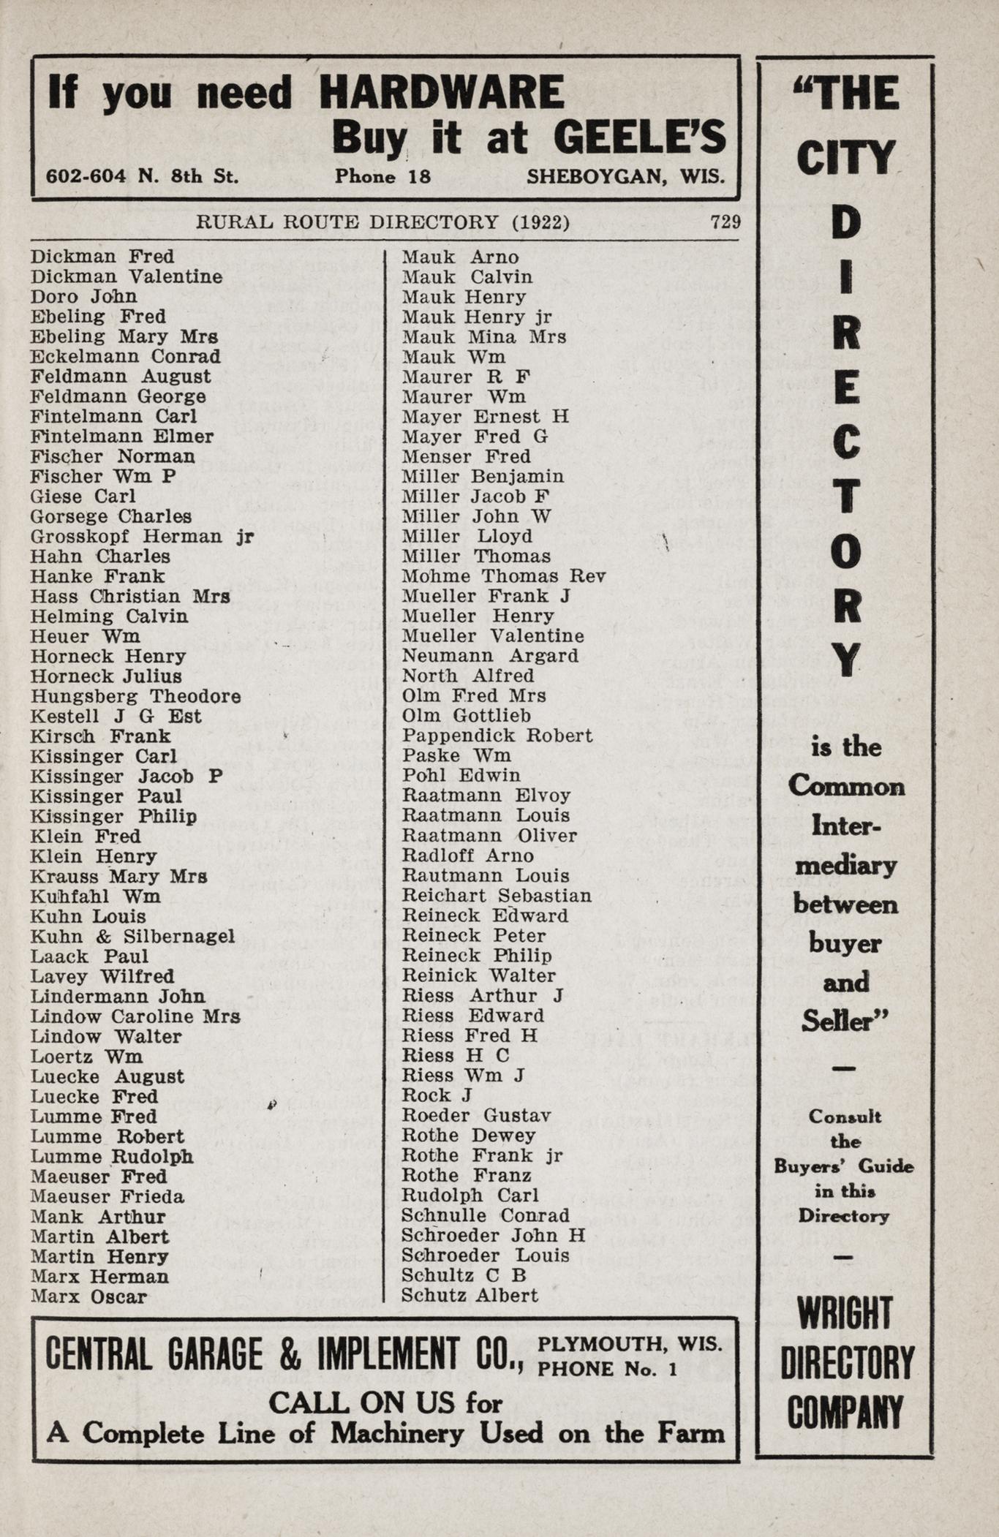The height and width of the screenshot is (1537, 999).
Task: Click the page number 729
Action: tap(725, 222)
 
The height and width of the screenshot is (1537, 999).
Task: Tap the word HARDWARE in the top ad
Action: tap(442, 94)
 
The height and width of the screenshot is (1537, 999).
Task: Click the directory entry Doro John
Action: tap(83, 296)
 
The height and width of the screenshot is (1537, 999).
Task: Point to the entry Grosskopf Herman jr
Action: tap(142, 537)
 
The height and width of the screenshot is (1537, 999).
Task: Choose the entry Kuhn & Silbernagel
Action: tap(132, 937)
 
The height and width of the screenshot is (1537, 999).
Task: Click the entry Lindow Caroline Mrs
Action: tap(135, 1016)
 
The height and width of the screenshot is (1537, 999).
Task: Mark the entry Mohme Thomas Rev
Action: tap(504, 576)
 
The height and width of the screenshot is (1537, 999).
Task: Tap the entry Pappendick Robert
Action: tap(497, 736)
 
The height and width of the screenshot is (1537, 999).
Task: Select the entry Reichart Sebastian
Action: tap(497, 896)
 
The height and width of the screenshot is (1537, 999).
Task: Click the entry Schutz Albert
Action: tap(470, 1295)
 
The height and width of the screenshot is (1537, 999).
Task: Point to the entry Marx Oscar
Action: tap(88, 1296)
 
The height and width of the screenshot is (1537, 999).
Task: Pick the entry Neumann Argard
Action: tap(490, 656)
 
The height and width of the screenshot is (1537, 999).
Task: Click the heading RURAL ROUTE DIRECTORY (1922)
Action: tap(382, 222)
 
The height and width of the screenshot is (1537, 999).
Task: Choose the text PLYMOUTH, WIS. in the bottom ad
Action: tap(630, 1344)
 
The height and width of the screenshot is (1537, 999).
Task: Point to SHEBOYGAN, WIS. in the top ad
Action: tap(626, 176)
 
